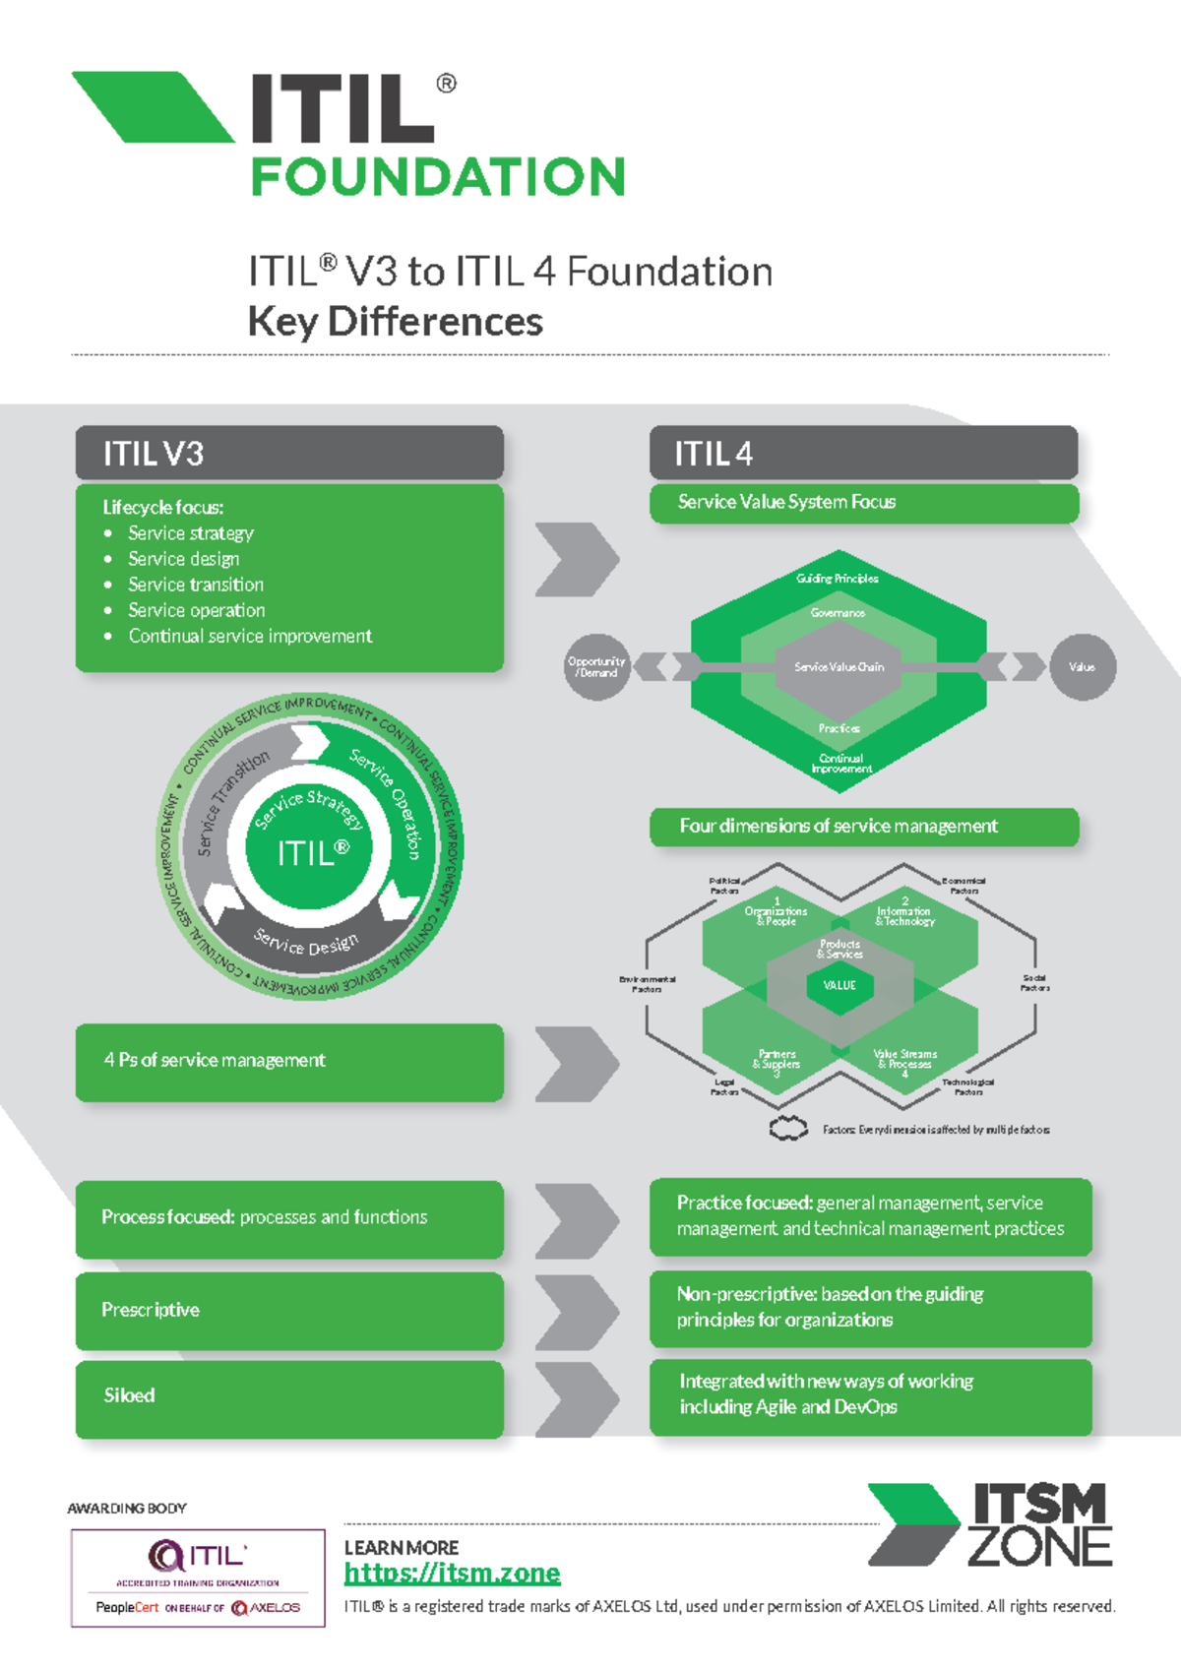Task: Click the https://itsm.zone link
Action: (452, 1574)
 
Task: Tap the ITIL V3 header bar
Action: (289, 454)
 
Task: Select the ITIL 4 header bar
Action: (863, 454)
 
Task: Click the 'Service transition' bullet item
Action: (196, 585)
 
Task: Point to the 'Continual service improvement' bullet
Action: (250, 636)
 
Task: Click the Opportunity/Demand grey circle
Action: (596, 667)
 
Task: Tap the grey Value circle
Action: (1083, 667)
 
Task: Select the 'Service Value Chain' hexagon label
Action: (839, 667)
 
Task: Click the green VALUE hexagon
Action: (839, 985)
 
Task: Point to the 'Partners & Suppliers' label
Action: (777, 1059)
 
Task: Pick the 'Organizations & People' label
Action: (776, 916)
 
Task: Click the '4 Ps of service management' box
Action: (289, 1061)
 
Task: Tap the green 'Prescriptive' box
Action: (289, 1311)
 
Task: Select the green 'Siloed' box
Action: (289, 1396)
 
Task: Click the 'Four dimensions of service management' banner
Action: (863, 827)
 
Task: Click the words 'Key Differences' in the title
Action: (395, 322)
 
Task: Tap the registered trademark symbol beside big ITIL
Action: (446, 84)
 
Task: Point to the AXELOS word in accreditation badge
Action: (275, 1608)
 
